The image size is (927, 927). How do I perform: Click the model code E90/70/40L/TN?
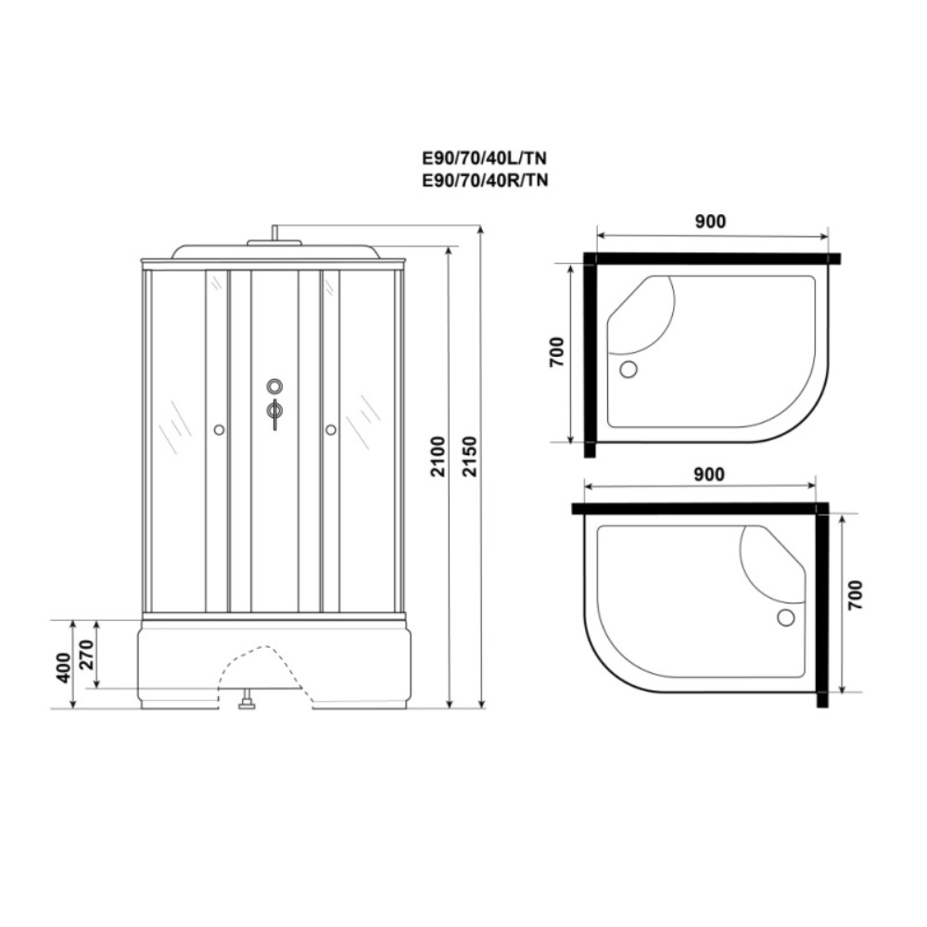(x=484, y=159)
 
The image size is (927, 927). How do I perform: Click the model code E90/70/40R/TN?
(x=485, y=180)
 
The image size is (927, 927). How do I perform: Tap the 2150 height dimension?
(x=469, y=456)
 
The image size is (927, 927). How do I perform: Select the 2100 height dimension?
(x=438, y=456)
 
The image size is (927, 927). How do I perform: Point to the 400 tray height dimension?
(x=64, y=667)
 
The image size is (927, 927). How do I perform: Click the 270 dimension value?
(x=87, y=654)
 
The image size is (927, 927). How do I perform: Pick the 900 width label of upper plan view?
(x=709, y=222)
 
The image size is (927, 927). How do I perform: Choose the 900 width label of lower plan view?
(x=708, y=475)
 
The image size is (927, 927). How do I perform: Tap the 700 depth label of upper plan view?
(x=557, y=351)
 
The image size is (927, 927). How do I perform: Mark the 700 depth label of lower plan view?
(x=855, y=595)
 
